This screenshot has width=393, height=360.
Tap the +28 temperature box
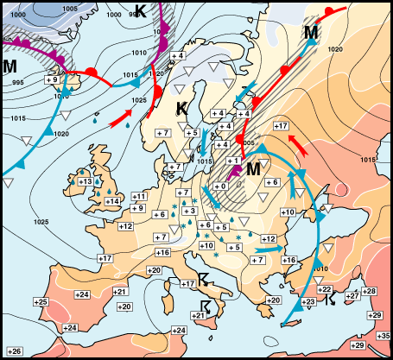point(369,291)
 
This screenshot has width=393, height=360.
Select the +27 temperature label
point(352,296)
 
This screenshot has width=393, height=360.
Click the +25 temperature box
point(41,301)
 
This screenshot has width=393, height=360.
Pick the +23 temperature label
point(309,301)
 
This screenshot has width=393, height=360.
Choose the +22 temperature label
point(325,289)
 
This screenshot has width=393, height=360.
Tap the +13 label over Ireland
point(86,181)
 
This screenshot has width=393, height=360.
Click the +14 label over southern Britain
point(112,201)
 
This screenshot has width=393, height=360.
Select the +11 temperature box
point(138,198)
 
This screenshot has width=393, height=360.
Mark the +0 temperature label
point(220,186)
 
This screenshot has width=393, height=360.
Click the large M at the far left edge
point(10,66)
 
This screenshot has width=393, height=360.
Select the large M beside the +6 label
point(252,169)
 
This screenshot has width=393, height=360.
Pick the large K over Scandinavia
point(182,109)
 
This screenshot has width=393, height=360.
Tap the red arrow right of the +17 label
point(296,139)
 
